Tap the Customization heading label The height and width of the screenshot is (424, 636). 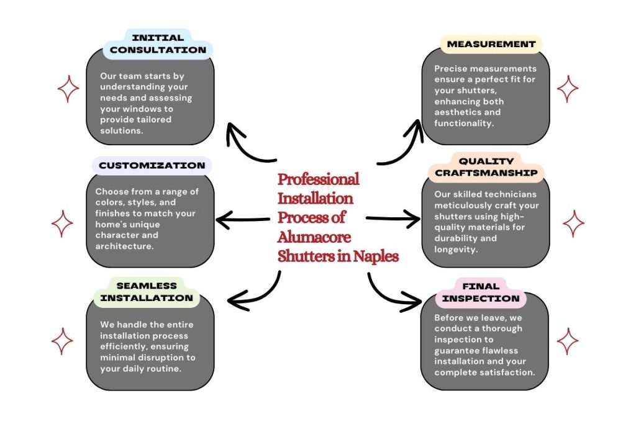(152, 166)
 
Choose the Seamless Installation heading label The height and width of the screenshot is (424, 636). (147, 292)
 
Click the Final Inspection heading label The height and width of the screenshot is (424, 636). (481, 292)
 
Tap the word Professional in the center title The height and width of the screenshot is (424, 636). (318, 179)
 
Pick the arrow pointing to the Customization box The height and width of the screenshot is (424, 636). (242, 219)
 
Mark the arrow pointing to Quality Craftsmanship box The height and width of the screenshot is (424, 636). (394, 218)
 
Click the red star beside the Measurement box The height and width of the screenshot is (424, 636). (568, 89)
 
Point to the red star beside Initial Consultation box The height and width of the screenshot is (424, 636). (68, 89)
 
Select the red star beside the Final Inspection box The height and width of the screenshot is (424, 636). (568, 341)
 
